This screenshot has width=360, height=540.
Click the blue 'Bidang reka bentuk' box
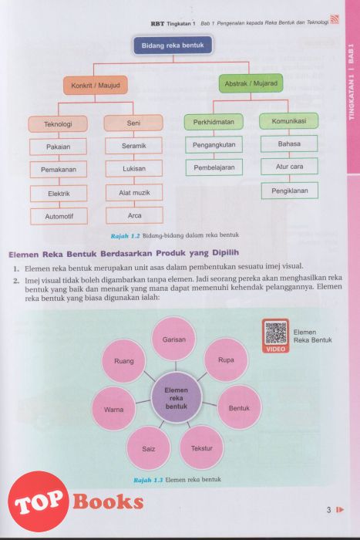pyautogui.click(x=173, y=45)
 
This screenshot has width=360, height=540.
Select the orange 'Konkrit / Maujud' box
pyautogui.click(x=96, y=85)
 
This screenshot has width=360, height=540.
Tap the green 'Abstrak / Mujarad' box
pyautogui.click(x=251, y=83)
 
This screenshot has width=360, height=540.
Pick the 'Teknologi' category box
pyautogui.click(x=58, y=124)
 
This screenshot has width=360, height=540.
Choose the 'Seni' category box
pyautogui.click(x=133, y=123)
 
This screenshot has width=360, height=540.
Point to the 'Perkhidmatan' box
pyautogui.click(x=214, y=122)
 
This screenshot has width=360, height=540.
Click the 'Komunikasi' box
pyautogui.click(x=289, y=121)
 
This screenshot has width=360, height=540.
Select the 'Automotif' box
pyautogui.click(x=59, y=217)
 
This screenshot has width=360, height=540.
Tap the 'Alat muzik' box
pyautogui.click(x=134, y=193)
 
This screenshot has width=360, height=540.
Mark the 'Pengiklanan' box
pyautogui.click(x=290, y=191)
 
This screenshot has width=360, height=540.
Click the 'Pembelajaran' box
pyautogui.click(x=214, y=167)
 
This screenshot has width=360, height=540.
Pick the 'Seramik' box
pyautogui.click(x=133, y=146)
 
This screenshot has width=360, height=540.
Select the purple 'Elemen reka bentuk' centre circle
pyautogui.click(x=177, y=398)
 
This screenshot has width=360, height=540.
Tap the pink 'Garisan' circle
pyautogui.click(x=174, y=339)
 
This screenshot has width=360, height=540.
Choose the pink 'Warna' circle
pyautogui.click(x=114, y=410)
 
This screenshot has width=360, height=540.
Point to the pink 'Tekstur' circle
pyautogui.click(x=202, y=448)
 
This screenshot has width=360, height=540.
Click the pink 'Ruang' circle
pyautogui.click(x=124, y=361)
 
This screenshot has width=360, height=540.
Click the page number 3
pyautogui.click(x=329, y=510)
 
